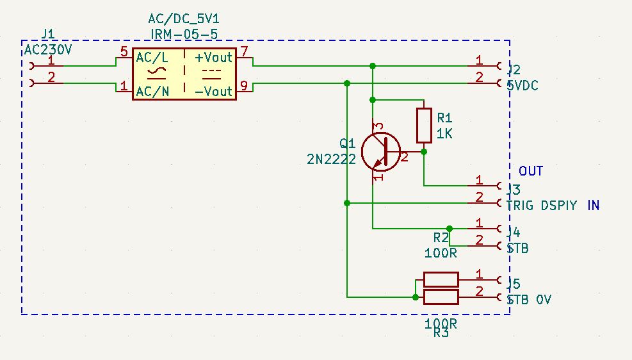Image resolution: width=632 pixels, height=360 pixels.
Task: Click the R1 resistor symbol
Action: pos(424,126)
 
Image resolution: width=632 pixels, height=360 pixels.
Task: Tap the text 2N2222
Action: pos(331,160)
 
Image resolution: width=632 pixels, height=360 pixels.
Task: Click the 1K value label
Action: pos(445,135)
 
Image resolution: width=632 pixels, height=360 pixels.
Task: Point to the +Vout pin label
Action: pos(214,57)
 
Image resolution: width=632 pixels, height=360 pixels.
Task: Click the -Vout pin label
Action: pos(214,92)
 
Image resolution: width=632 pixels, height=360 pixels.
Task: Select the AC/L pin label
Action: pos(152,57)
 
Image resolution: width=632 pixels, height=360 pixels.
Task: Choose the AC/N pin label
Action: pos(152,92)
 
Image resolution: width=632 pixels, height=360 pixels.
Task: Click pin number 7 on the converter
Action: pos(244,51)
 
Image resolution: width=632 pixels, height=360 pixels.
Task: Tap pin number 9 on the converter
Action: pos(244,85)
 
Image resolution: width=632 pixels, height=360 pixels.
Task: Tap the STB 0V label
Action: pos(529,300)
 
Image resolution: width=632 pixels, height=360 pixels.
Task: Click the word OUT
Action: pos(531,171)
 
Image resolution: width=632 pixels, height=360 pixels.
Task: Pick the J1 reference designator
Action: pos(47,34)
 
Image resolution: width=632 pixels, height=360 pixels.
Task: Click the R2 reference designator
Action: pos(441,238)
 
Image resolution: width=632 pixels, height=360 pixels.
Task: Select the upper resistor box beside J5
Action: pos(441,279)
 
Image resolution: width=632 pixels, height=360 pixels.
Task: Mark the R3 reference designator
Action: pos(441,333)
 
